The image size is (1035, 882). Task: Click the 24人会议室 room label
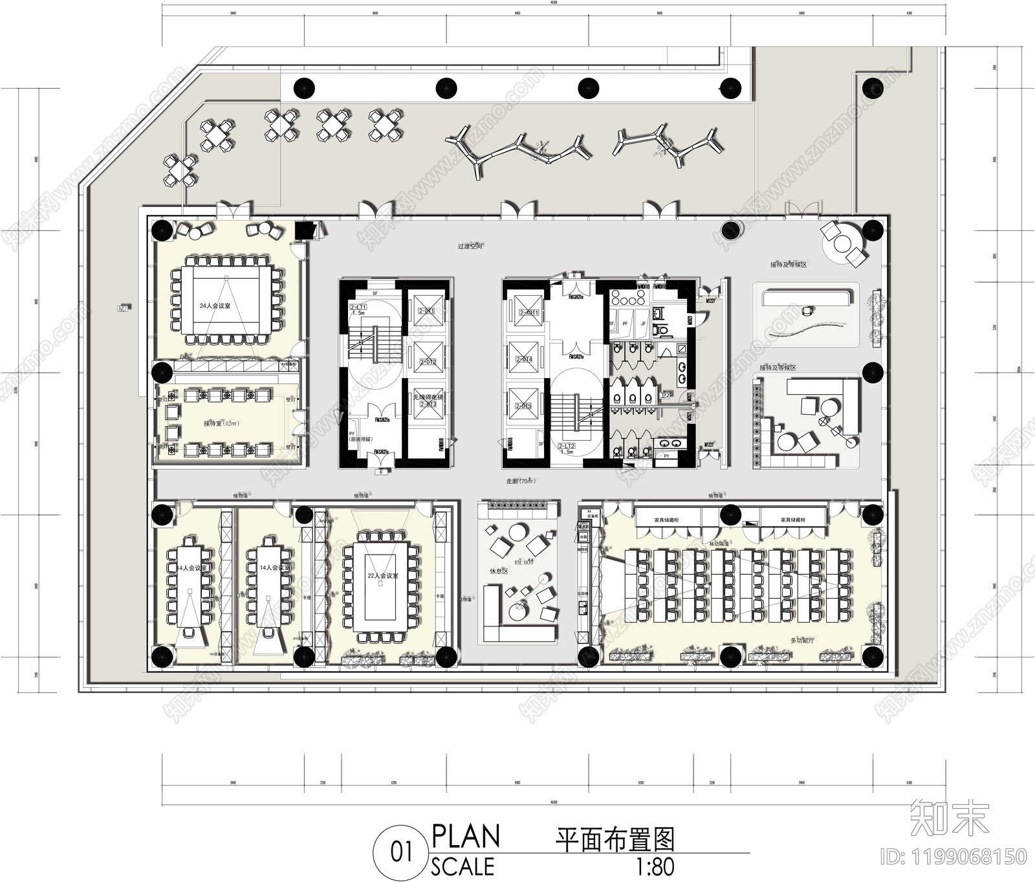tap(215, 305)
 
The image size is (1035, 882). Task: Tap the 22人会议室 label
tap(383, 575)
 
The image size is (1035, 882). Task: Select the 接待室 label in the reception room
tap(221, 423)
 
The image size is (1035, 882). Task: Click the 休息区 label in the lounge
tap(499, 572)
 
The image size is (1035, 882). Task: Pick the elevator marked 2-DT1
tap(427, 311)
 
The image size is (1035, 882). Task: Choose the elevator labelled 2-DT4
tap(523, 358)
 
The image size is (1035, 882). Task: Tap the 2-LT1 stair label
tap(358, 307)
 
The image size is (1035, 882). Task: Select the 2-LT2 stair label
tap(567, 446)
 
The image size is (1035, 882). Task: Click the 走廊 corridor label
tap(521, 481)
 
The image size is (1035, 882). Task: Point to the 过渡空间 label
tap(470, 247)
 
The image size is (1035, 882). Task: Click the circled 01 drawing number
tap(401, 852)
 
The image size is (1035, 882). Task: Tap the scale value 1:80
tap(655, 867)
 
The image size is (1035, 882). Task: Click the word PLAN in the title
tap(466, 836)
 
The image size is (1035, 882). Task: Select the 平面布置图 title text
tap(615, 840)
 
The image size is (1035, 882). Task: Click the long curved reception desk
tap(806, 298)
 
